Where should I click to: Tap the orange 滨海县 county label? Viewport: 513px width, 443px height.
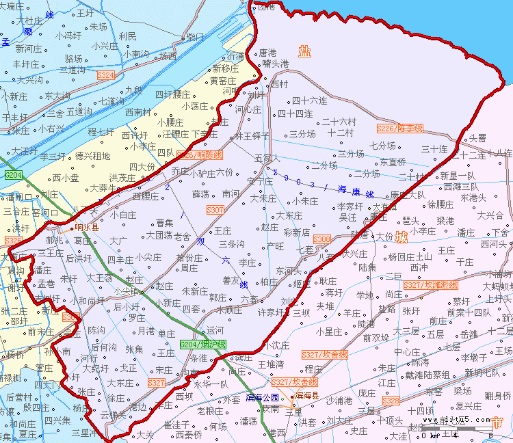pyautogui.click(x=308, y=396)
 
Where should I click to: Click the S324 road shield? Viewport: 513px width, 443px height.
pyautogui.click(x=106, y=75)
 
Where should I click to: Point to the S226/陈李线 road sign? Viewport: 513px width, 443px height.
pyautogui.click(x=400, y=128)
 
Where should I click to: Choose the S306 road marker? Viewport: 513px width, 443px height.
pyautogui.click(x=321, y=239)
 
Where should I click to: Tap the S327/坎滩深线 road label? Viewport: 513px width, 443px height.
pyautogui.click(x=430, y=284)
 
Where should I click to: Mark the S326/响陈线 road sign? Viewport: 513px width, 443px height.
pyautogui.click(x=199, y=155)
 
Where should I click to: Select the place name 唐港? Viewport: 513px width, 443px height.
pyautogui.click(x=267, y=52)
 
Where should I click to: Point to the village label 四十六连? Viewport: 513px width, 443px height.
pyautogui.click(x=309, y=100)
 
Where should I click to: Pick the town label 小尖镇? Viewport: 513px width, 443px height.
pyautogui.click(x=127, y=291)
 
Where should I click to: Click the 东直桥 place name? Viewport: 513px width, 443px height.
pyautogui.click(x=393, y=162)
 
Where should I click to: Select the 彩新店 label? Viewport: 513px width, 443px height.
pyautogui.click(x=296, y=232)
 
